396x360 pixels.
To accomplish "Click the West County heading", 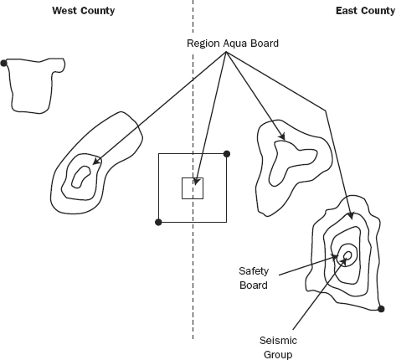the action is click(x=84, y=11).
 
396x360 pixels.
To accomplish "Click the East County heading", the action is click(x=365, y=11).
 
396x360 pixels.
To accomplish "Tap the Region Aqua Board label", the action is click(x=233, y=44).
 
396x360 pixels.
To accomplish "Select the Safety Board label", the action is click(x=254, y=278).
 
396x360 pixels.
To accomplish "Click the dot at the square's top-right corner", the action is click(x=227, y=154).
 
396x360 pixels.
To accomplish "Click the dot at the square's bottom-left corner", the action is click(x=158, y=222).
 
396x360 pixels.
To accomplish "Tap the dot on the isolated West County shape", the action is click(x=3, y=64).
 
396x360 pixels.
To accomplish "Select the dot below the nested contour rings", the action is click(x=381, y=309).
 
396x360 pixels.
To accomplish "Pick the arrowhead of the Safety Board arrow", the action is click(x=335, y=257).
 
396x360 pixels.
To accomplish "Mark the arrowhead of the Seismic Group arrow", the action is click(x=344, y=261).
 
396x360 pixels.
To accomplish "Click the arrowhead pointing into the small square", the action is click(x=196, y=182).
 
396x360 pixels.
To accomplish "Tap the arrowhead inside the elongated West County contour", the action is click(x=96, y=161).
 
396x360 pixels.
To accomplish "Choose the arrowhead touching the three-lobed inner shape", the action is click(x=282, y=136).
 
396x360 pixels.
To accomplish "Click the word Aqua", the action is click(x=236, y=44).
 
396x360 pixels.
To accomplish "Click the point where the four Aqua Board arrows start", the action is click(x=226, y=52).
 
